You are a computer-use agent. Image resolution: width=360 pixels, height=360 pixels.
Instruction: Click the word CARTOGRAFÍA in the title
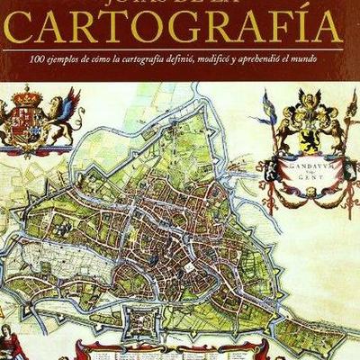(180, 30)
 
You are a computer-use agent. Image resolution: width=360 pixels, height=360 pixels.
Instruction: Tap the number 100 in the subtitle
(35, 58)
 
